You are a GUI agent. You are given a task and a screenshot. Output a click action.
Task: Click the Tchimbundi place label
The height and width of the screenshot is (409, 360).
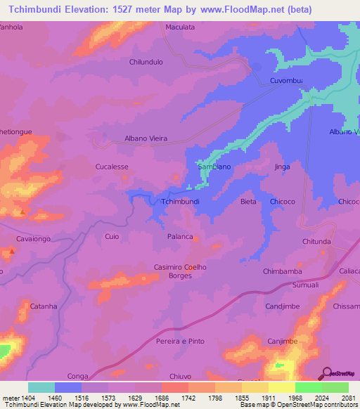click(x=181, y=202)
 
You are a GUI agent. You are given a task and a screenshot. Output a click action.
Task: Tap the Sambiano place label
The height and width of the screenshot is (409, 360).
click(x=214, y=167)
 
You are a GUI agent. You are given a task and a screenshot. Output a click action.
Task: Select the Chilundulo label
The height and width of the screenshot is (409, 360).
click(x=146, y=62)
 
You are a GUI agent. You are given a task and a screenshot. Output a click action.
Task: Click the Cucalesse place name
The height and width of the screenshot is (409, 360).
click(x=112, y=167)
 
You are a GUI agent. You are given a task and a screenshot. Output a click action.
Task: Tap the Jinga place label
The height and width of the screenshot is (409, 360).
click(x=282, y=167)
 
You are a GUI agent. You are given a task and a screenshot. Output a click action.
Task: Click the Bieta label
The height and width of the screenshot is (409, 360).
click(x=248, y=202)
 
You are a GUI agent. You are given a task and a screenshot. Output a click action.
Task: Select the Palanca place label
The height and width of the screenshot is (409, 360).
click(x=180, y=237)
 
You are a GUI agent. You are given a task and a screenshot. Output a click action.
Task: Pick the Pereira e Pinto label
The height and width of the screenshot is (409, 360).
click(x=180, y=341)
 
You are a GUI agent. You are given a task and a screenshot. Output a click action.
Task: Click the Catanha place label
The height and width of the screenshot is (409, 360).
click(x=43, y=306)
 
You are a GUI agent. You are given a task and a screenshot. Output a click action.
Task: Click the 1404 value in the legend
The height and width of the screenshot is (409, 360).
click(x=29, y=398)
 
